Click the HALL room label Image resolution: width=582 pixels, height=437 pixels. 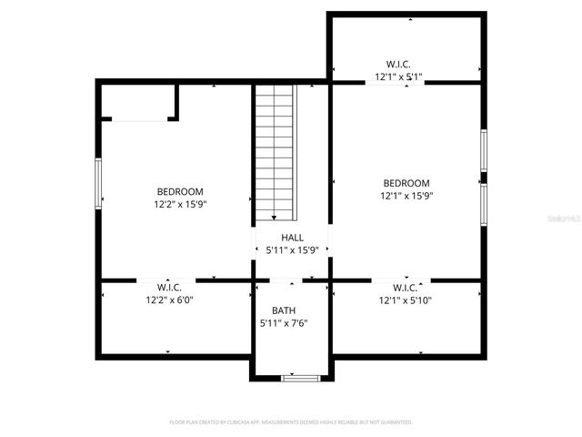[x=292, y=238]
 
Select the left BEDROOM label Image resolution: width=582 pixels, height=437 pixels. [x=180, y=191]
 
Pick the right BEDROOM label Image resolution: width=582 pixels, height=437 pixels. [x=406, y=182]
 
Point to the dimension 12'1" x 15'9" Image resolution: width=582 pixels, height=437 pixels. [x=406, y=195]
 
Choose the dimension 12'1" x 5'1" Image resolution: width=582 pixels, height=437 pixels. [x=398, y=77]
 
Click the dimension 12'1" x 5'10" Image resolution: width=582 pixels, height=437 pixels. [x=406, y=300]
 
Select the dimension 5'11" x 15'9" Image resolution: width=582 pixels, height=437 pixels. [x=292, y=250]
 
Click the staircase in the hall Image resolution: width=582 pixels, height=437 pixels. [x=276, y=151]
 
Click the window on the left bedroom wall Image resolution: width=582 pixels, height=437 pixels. [x=98, y=183]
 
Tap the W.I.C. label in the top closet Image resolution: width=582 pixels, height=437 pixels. [x=398, y=65]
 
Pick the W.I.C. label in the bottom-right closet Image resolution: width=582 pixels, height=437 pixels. [x=406, y=287]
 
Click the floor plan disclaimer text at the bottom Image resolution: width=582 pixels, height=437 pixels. [x=291, y=422]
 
